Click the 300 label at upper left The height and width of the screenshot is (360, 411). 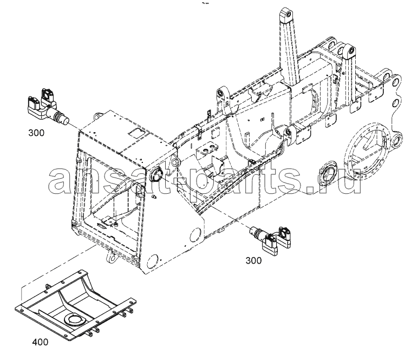(x=36, y=133)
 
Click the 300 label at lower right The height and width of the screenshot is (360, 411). (x=253, y=260)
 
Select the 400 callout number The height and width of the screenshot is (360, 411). (x=40, y=342)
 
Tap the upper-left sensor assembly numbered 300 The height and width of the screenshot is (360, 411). (x=47, y=107)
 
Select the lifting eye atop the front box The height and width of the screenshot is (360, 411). (x=97, y=115)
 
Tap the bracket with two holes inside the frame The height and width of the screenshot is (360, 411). (x=207, y=149)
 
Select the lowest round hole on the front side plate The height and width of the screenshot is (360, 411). (x=153, y=261)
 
